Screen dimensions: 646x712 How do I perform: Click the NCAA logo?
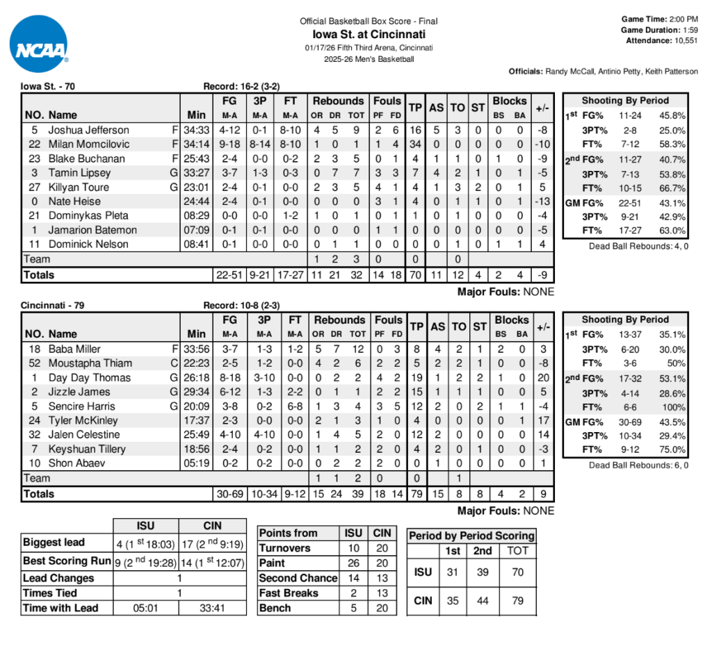[40, 44]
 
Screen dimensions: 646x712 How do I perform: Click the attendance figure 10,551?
[682, 41]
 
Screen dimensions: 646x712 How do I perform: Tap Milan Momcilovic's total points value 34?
[415, 144]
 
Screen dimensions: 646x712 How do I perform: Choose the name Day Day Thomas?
[90, 378]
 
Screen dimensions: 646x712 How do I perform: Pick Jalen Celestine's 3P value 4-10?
[260, 435]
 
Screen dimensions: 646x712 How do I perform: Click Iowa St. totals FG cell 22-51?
[230, 275]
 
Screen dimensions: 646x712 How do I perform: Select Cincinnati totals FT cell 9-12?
[295, 494]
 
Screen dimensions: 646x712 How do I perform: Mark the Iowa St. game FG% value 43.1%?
[672, 204]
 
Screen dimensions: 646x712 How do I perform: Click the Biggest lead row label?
[54, 543]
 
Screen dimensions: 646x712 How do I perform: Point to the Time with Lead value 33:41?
[213, 608]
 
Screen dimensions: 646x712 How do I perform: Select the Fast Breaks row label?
[289, 593]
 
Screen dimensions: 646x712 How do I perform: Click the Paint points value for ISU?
[353, 563]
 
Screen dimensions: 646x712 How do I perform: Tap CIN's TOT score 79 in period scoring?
[518, 601]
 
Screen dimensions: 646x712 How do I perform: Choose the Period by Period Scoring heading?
[471, 536]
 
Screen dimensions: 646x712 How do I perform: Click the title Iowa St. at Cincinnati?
[369, 34]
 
